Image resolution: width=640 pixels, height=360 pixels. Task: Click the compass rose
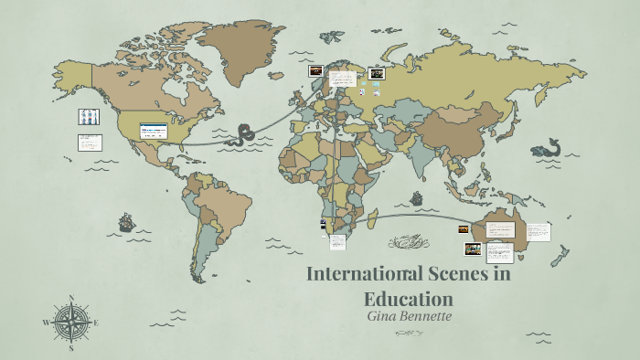tap(70, 323)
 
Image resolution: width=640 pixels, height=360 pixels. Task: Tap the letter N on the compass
tap(70, 297)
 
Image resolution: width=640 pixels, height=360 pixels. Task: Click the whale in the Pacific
tap(546, 147)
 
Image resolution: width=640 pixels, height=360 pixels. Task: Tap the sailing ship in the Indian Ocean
tap(417, 198)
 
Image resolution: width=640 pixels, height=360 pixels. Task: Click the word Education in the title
tap(409, 299)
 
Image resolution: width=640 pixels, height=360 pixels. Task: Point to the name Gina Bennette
tap(409, 316)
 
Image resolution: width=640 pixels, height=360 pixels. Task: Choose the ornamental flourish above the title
tap(408, 242)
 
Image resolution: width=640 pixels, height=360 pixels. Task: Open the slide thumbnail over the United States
tap(154, 131)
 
